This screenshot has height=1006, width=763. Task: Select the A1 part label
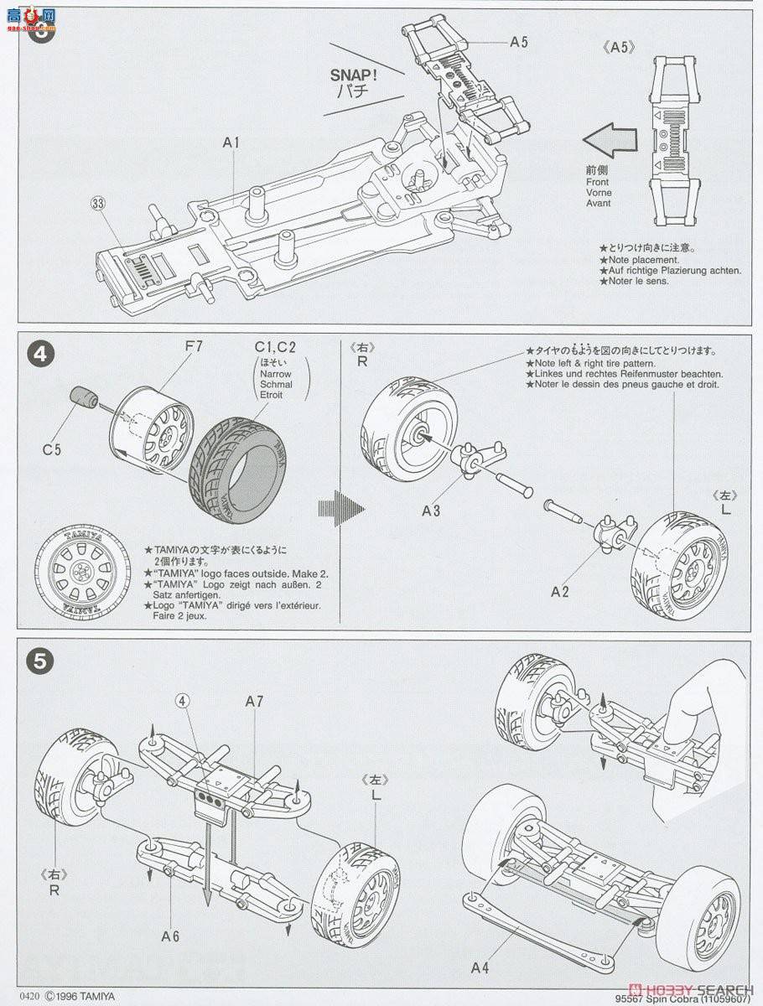pos(231,143)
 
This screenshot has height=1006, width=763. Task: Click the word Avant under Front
pos(599,203)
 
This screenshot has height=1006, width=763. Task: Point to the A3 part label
pos(432,509)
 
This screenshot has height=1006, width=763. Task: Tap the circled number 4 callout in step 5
pos(182,701)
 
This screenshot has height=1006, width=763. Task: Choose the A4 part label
pos(479,968)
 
